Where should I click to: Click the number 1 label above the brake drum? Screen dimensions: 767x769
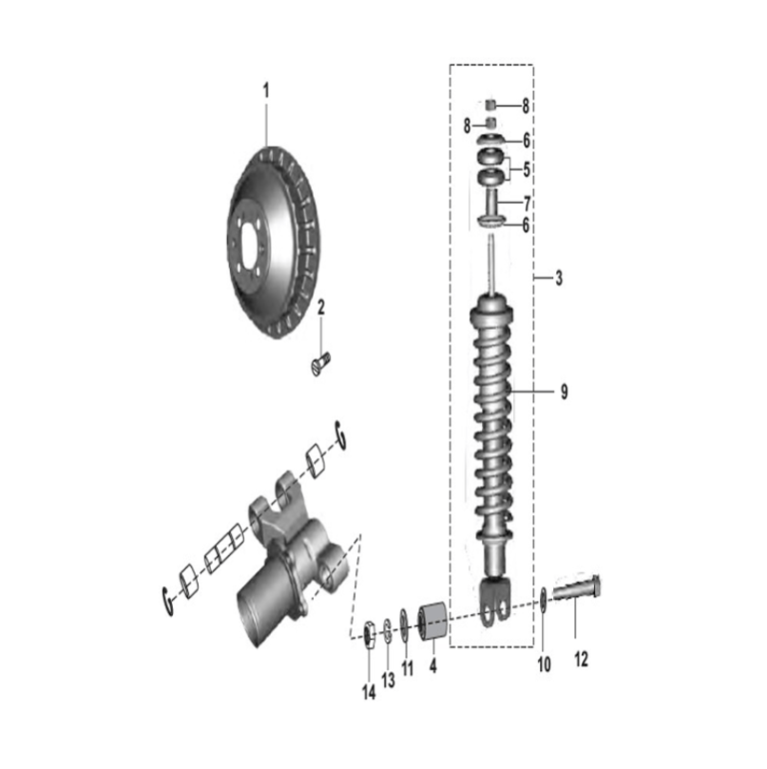[x=266, y=90]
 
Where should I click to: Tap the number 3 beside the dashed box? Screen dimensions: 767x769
[x=558, y=279]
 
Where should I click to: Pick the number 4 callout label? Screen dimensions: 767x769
[x=433, y=666]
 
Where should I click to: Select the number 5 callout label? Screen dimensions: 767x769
[x=526, y=169]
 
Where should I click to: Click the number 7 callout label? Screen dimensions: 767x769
[x=526, y=203]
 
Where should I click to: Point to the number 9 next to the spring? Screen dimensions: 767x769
[x=563, y=391]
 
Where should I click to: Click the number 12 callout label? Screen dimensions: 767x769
[x=581, y=659]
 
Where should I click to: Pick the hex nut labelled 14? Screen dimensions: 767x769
[x=367, y=632]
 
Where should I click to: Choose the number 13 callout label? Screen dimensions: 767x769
[x=388, y=680]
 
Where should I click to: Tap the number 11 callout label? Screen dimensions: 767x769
[x=406, y=667]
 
